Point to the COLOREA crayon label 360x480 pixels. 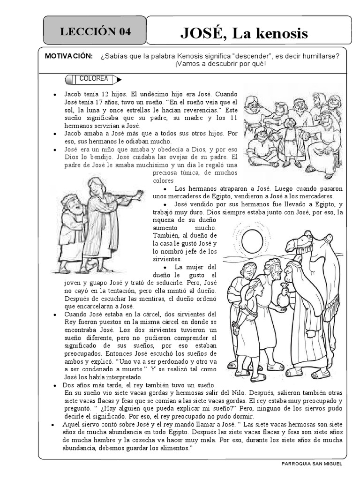point(94,79)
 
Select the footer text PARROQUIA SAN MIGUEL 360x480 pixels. point(312,464)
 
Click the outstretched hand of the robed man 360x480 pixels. point(139,193)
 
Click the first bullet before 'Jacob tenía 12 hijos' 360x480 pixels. point(56,94)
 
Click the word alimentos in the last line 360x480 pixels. point(173,448)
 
